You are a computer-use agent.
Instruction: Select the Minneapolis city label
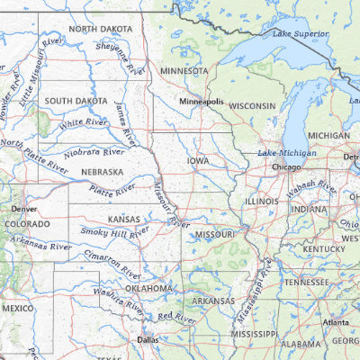[200, 102]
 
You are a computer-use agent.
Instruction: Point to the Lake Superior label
[298, 35]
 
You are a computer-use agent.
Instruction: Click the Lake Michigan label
[287, 154]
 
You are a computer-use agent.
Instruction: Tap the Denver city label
[23, 208]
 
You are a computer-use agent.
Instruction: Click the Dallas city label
[148, 340]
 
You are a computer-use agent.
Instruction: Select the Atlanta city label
[337, 322]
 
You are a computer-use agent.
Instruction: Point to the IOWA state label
[198, 161]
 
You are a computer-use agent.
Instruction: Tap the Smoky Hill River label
[115, 232]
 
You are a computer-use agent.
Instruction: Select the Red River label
[176, 317]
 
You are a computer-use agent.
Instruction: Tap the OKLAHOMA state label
[148, 288]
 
